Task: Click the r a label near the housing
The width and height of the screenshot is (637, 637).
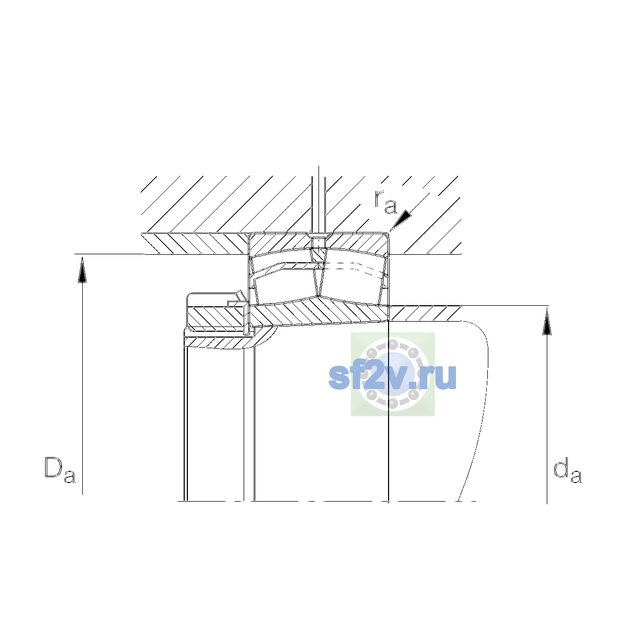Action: [x=385, y=202]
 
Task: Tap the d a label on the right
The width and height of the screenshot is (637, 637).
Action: [x=567, y=470]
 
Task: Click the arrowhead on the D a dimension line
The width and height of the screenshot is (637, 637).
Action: [x=82, y=270]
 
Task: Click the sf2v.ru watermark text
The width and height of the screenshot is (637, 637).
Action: [x=392, y=377]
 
